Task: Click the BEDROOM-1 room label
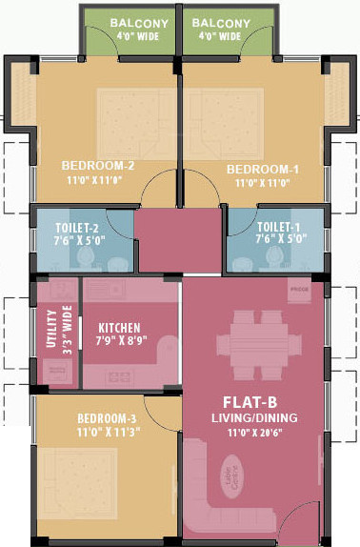pyautogui.click(x=262, y=169)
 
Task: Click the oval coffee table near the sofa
pyautogui.click(x=230, y=474)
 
